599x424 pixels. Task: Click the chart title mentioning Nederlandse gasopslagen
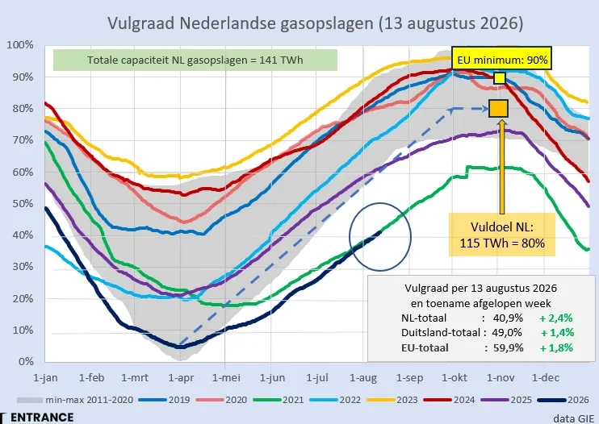(x=315, y=23)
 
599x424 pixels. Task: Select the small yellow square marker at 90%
(x=500, y=78)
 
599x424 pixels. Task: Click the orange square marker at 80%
(x=499, y=108)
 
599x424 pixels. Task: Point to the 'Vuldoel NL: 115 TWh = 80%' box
(x=501, y=235)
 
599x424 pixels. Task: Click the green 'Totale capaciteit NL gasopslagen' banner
(x=195, y=60)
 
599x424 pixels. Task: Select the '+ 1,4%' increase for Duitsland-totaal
(x=557, y=332)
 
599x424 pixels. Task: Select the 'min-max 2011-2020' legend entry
(x=75, y=400)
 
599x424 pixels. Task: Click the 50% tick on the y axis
(x=23, y=204)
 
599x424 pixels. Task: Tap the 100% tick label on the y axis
(x=20, y=45)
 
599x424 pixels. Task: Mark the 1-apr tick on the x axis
(x=181, y=378)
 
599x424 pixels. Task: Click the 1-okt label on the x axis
(x=454, y=378)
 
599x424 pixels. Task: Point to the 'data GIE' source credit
(x=573, y=418)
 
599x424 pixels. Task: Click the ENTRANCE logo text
(x=42, y=418)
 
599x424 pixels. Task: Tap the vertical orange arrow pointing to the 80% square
(x=501, y=166)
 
